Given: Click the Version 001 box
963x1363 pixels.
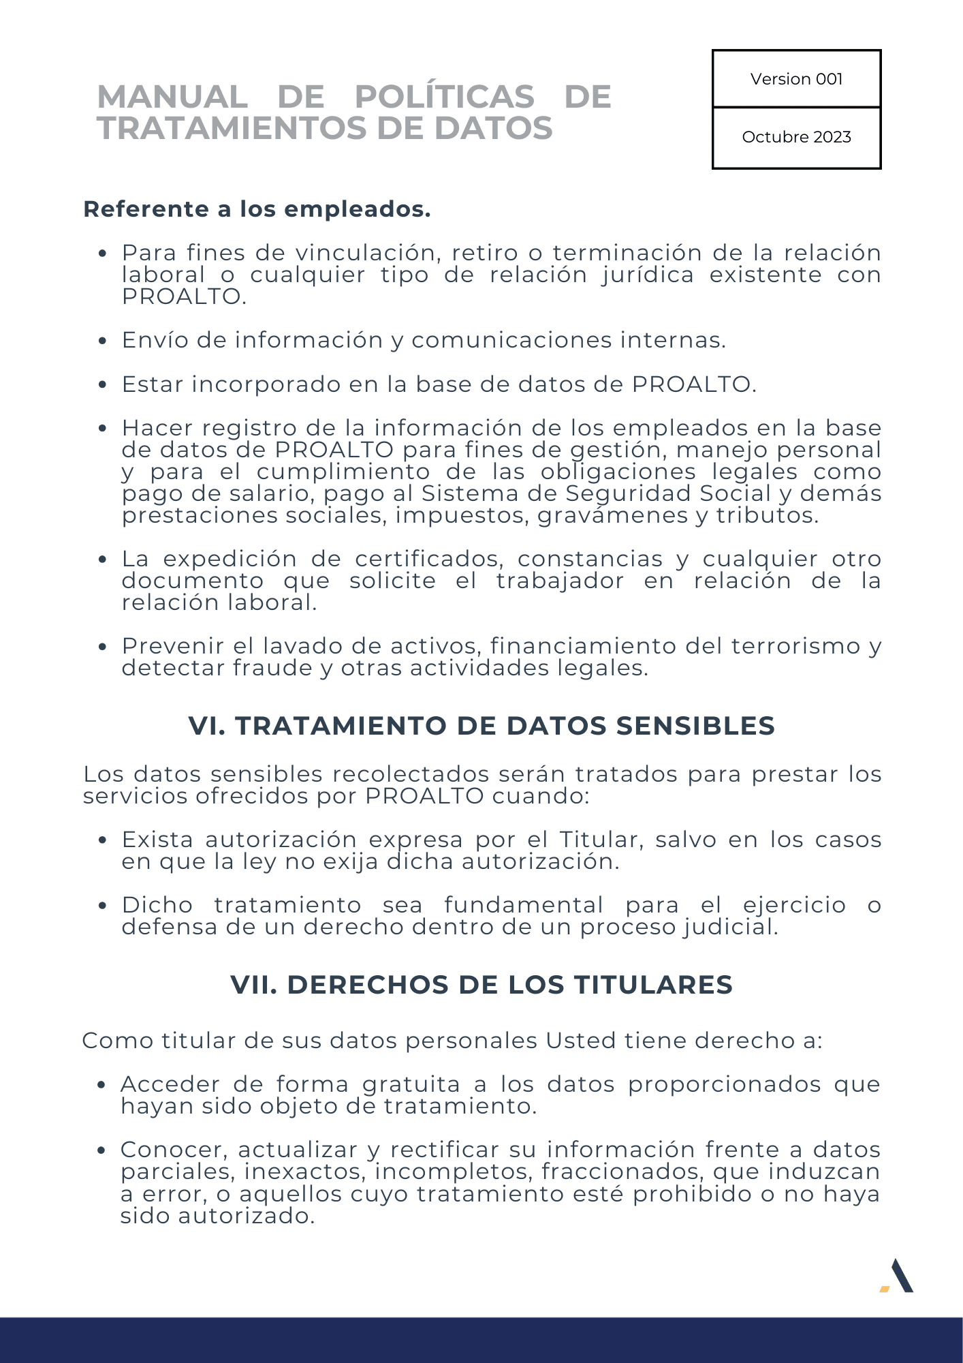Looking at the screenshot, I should tap(796, 79).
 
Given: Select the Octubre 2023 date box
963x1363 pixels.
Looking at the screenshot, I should tap(796, 137).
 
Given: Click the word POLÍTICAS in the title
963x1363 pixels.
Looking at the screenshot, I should tap(445, 97).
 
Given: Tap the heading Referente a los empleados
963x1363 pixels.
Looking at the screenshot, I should tap(257, 209).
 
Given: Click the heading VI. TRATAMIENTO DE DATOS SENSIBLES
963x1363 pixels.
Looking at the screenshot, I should tap(481, 726).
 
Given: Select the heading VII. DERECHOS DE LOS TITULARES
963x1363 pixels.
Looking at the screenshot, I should tap(481, 985).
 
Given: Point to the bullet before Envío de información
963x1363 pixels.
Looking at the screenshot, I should tap(102, 341).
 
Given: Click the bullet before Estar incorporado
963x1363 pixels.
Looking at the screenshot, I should tap(102, 385).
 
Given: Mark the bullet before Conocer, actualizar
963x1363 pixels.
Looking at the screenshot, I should tap(101, 1150).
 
